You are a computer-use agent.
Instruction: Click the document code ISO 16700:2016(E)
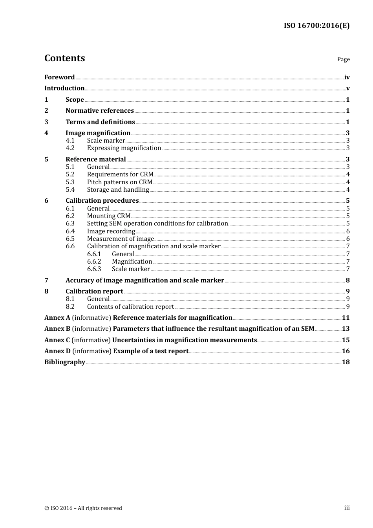click(316, 26)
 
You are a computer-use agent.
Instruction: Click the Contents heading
click(64, 58)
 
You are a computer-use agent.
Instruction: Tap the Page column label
click(343, 59)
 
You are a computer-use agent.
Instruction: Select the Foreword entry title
click(59, 77)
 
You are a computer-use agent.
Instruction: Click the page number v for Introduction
click(347, 88)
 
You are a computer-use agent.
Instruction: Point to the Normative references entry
click(100, 111)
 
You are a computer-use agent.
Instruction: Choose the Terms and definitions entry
click(100, 122)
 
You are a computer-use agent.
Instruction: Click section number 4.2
click(70, 148)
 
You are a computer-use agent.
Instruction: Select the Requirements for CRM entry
click(120, 174)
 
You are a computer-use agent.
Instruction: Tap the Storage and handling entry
click(118, 190)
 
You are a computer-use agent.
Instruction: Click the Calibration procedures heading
click(102, 201)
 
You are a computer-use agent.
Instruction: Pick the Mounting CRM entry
click(108, 216)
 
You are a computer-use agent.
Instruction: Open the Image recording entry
click(111, 231)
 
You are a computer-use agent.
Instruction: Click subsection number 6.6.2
click(94, 262)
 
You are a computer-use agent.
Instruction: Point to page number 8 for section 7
click(347, 280)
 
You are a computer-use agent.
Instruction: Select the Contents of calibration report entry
click(130, 307)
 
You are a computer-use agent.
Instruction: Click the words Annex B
click(57, 329)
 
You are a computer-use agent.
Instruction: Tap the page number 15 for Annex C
click(346, 340)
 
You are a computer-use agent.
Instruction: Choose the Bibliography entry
click(65, 362)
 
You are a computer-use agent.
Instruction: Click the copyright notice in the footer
click(83, 508)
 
